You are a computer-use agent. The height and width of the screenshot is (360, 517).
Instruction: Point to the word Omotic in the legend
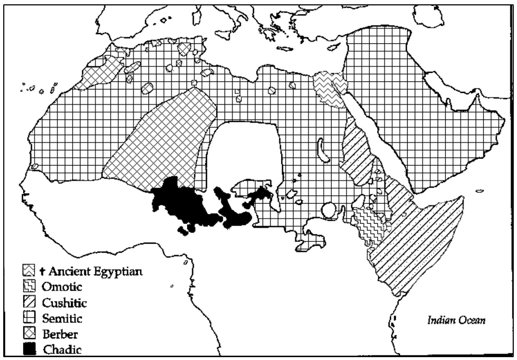click(x=62, y=287)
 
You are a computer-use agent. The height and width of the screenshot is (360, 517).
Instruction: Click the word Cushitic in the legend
click(x=65, y=303)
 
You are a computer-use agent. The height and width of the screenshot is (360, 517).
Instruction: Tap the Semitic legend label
click(x=62, y=318)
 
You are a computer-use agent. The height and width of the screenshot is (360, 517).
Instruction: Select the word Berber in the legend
click(x=60, y=334)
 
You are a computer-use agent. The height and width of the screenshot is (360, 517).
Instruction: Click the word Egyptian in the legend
click(x=118, y=271)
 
